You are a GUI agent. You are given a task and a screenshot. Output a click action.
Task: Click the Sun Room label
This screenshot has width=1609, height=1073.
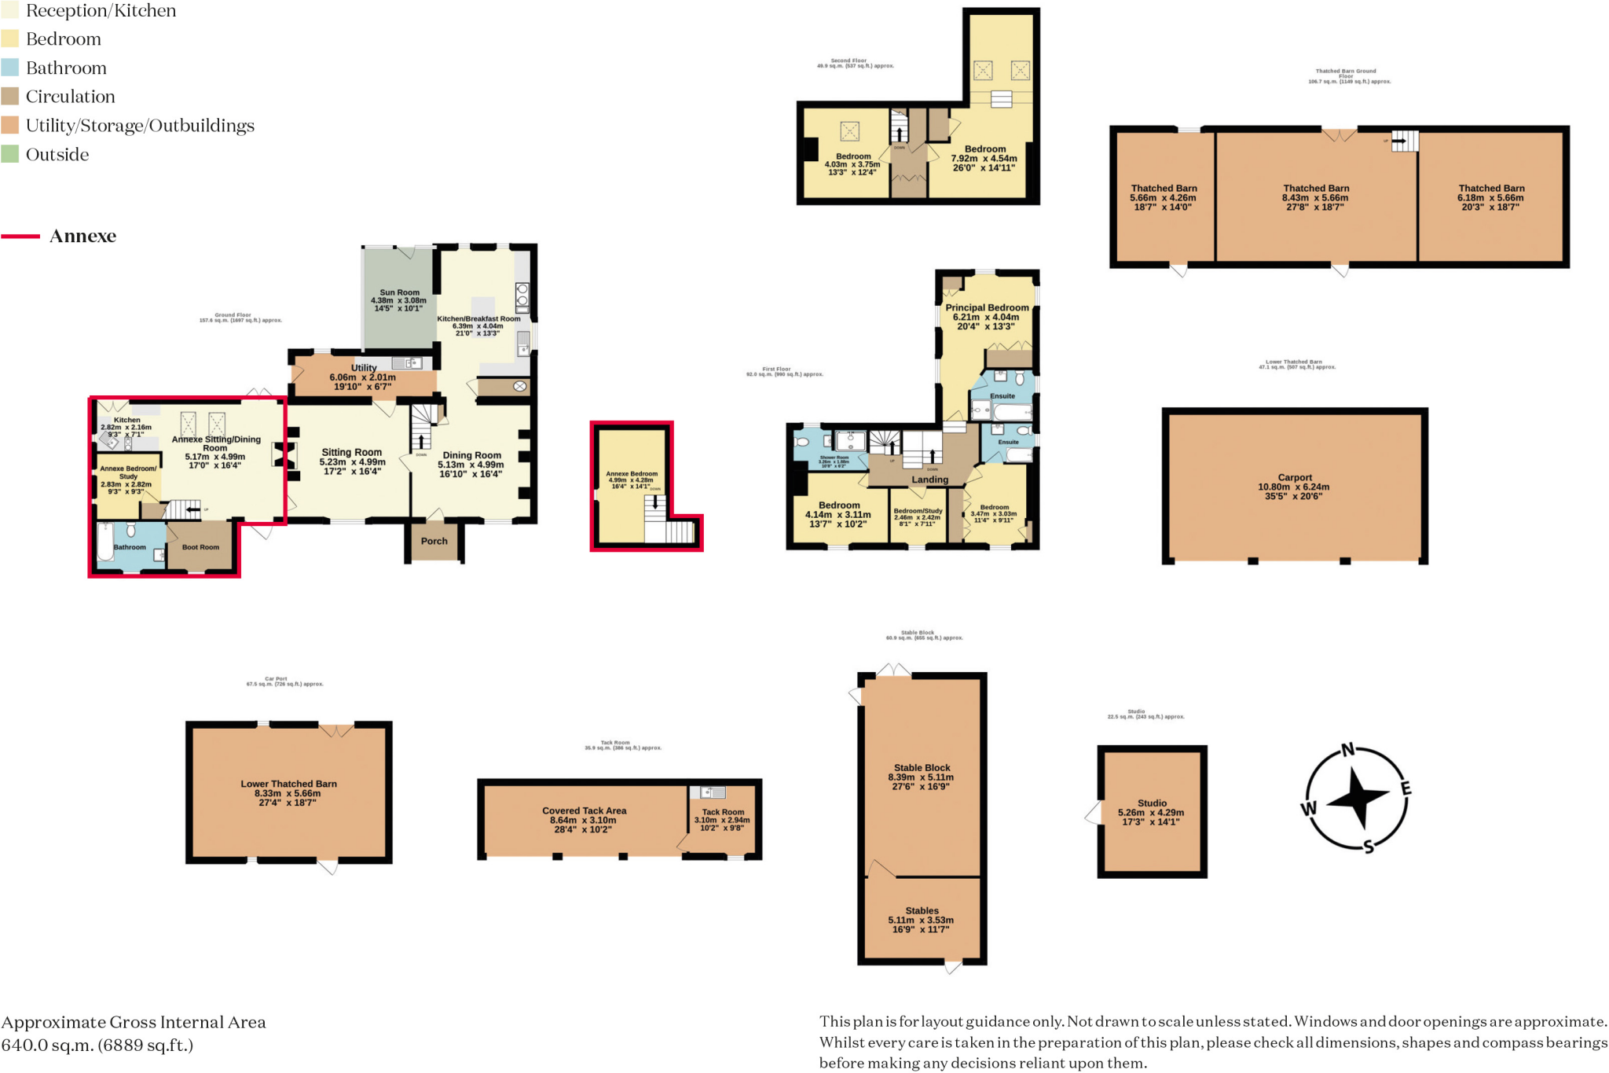point(399,292)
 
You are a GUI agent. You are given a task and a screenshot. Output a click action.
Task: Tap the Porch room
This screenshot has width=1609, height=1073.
point(434,542)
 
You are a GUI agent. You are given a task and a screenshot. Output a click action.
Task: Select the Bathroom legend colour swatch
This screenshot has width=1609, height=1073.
point(10,68)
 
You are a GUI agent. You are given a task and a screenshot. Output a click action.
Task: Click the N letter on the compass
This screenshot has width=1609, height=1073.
point(1347,750)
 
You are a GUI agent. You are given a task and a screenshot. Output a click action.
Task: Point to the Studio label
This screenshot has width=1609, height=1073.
point(1152,803)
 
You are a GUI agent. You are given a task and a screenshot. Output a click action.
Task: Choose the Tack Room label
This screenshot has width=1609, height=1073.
point(723,812)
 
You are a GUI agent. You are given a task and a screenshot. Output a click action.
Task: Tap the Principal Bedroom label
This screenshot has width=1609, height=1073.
point(987,307)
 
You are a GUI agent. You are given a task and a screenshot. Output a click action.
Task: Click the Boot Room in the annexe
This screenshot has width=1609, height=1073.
point(200,547)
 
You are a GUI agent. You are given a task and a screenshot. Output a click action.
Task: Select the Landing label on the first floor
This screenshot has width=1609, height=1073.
point(929,480)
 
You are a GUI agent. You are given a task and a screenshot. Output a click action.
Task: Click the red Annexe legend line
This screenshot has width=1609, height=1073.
point(21,236)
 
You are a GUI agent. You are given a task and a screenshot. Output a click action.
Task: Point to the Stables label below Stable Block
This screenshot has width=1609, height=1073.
point(922,910)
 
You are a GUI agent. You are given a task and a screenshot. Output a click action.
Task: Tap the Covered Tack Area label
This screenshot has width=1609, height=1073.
point(584,810)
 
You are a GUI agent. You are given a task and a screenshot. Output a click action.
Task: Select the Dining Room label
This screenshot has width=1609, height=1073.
point(471,455)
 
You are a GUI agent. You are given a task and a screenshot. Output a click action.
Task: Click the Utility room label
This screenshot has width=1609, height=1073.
point(364,368)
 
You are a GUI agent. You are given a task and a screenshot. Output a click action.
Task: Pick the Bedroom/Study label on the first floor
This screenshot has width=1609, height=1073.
point(918,511)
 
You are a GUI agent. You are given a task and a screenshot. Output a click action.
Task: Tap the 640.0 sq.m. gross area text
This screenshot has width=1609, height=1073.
point(97,1045)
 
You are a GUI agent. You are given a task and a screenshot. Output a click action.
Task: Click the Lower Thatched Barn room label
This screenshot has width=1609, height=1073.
point(288,784)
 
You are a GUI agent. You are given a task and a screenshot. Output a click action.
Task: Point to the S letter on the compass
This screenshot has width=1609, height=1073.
point(1369,847)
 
